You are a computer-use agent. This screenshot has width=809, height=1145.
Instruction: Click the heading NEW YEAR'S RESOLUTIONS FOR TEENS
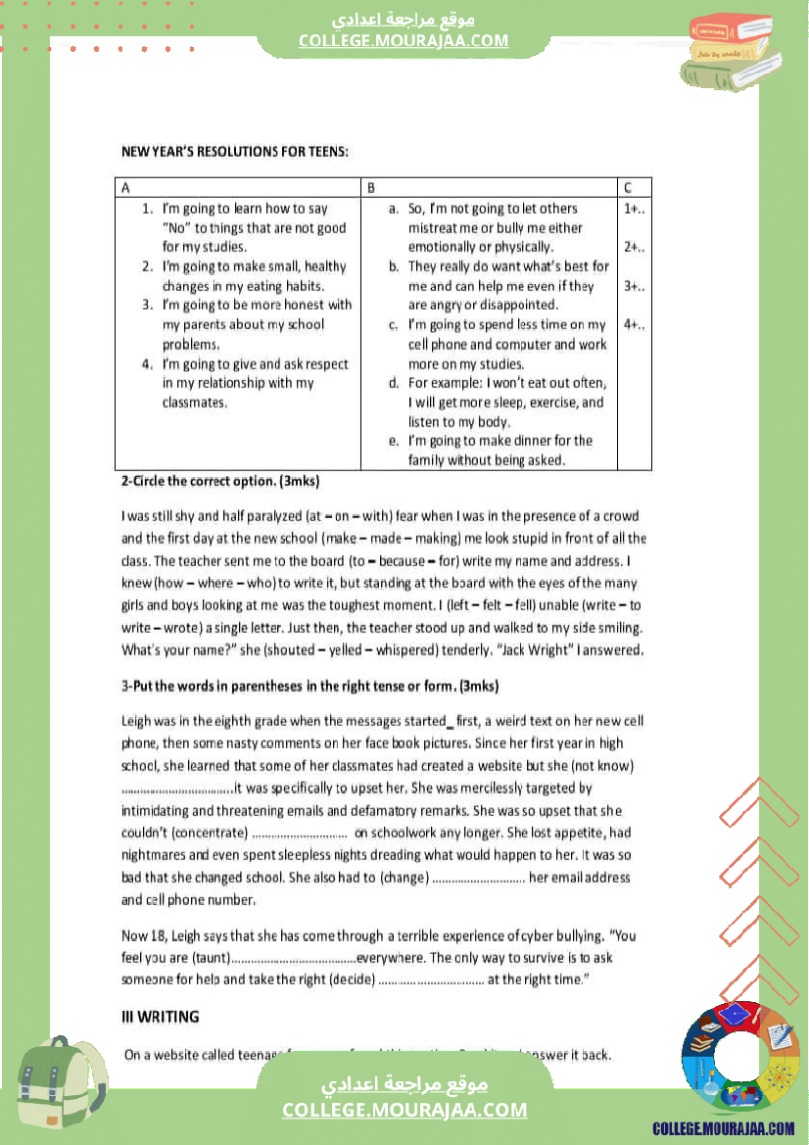pos(235,152)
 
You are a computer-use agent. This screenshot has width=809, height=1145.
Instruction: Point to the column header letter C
pos(627,187)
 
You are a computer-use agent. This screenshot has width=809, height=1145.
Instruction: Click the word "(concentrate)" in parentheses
pos(210,833)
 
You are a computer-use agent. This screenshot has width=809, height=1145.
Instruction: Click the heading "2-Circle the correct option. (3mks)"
pos(220,482)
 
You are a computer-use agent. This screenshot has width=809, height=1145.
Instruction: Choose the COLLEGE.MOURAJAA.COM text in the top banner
pos(404,40)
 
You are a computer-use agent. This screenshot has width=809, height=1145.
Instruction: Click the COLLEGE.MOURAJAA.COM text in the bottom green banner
pos(404,1110)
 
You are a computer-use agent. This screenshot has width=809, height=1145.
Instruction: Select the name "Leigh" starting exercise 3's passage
pos(136,721)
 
